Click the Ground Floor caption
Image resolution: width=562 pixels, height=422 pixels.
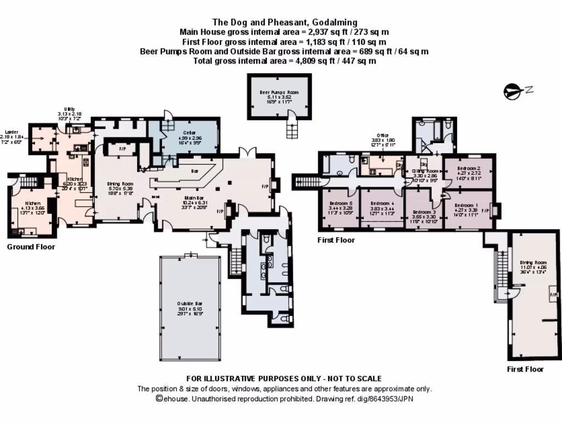pyautogui.click(x=31, y=247)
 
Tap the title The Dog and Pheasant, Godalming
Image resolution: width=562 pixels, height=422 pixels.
pyautogui.click(x=284, y=23)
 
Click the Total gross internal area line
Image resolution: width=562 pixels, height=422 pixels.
pyautogui.click(x=284, y=61)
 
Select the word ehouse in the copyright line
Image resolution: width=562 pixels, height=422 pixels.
pyautogui.click(x=176, y=399)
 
